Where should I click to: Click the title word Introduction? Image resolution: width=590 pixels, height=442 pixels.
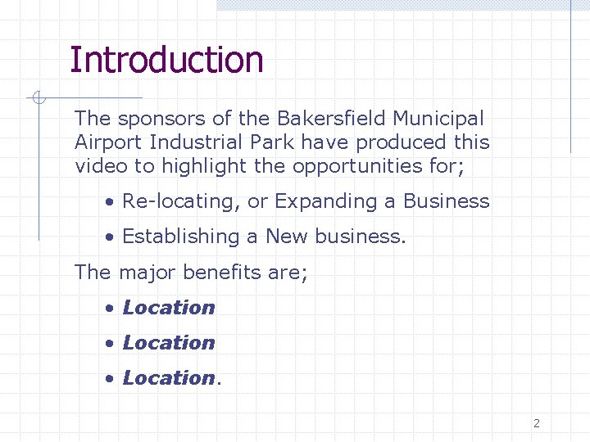[166, 60]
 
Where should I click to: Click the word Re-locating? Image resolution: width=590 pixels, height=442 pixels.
[180, 201]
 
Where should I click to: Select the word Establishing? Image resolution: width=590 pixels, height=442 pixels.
[181, 237]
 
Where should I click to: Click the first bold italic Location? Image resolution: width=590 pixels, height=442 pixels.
[168, 308]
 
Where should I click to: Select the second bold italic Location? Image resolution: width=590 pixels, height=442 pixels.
[168, 343]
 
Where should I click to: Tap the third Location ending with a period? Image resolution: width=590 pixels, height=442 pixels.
[168, 378]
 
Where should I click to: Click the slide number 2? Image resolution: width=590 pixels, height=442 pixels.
[537, 423]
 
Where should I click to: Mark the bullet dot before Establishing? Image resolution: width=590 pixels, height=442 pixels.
[109, 237]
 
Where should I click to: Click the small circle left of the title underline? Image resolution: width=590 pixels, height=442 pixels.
[37, 99]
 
